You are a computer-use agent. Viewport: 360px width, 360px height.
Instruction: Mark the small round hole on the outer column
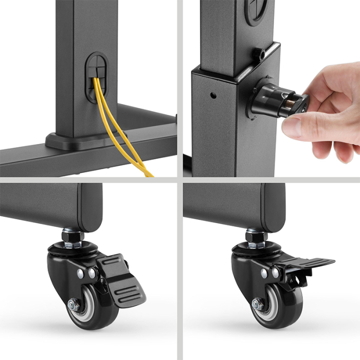212,95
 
